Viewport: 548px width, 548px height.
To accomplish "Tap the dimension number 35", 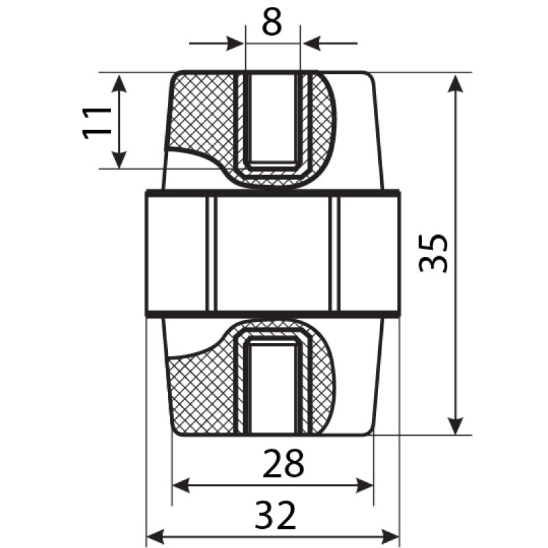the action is pyautogui.click(x=433, y=253).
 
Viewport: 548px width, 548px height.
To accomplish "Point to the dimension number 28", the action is pyautogui.click(x=283, y=463).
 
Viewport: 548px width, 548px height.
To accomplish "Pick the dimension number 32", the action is pyautogui.click(x=275, y=515).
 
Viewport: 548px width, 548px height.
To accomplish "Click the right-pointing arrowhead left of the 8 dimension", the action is pyautogui.click(x=235, y=43).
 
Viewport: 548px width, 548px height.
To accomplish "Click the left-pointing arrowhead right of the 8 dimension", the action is pyautogui.click(x=312, y=43).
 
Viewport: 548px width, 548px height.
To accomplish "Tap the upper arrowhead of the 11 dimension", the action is pyautogui.click(x=119, y=83).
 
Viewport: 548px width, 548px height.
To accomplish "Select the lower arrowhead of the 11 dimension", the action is pyautogui.click(x=119, y=160).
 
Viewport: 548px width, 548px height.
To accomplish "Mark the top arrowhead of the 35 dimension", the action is pyautogui.click(x=456, y=84).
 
